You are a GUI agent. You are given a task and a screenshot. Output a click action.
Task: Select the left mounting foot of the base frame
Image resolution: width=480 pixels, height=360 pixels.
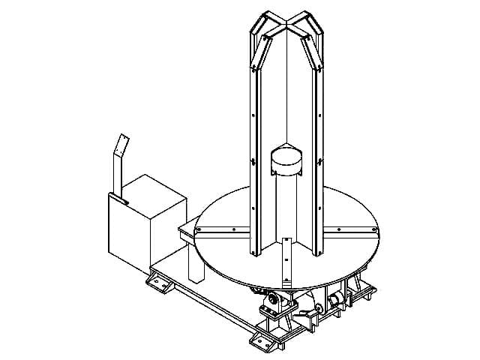pyautogui.click(x=157, y=284)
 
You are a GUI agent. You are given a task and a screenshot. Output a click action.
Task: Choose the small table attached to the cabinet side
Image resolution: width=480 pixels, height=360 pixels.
pyautogui.click(x=189, y=229)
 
